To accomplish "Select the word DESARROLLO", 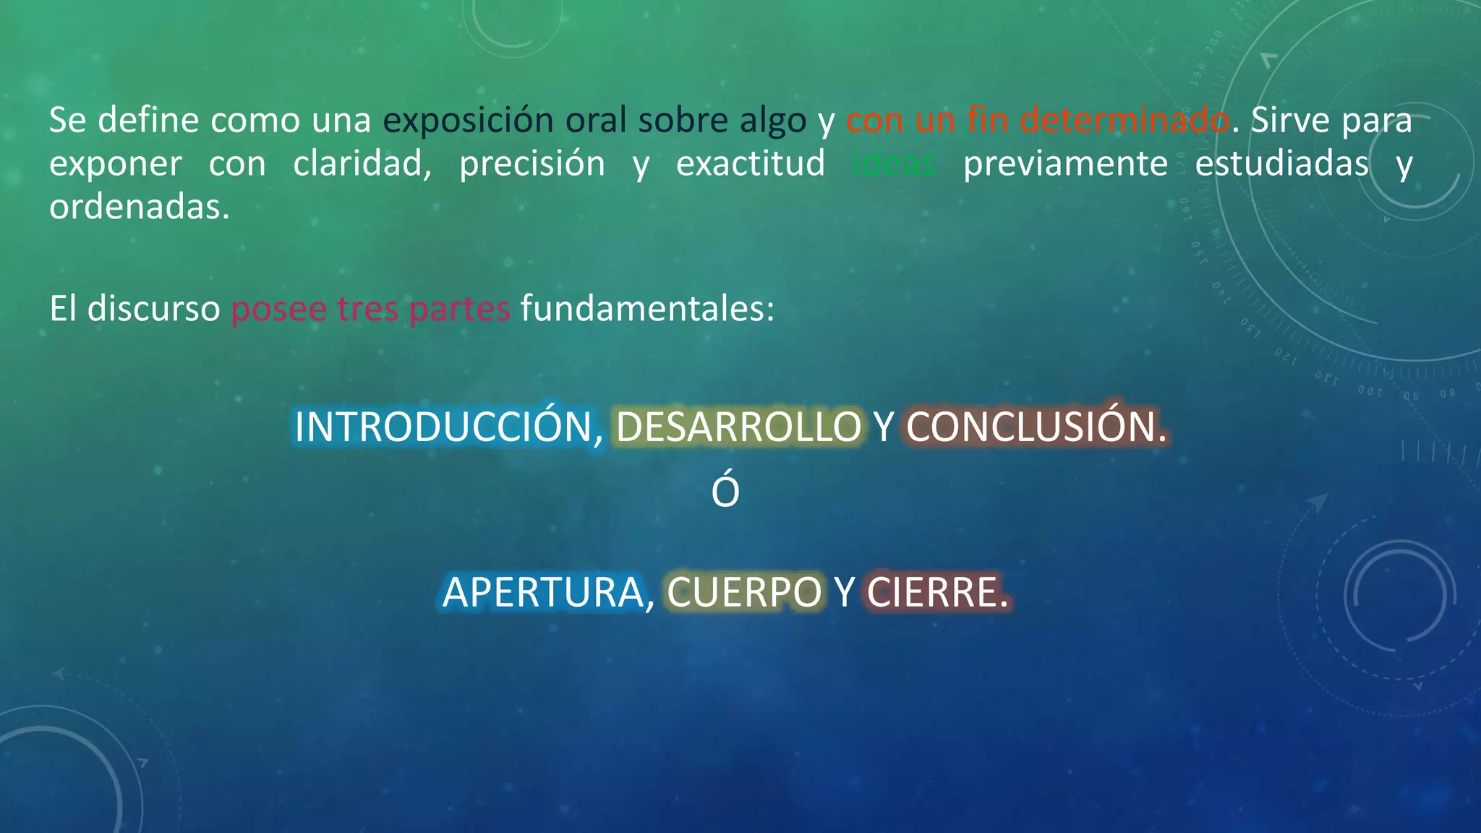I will pyautogui.click(x=738, y=427).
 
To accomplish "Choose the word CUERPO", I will pyautogui.click(x=744, y=592).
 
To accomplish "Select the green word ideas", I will pyautogui.click(x=895, y=163).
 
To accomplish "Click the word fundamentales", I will pyautogui.click(x=647, y=309).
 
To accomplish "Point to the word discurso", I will pyautogui.click(x=153, y=309).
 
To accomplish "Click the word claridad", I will pyautogui.click(x=362, y=163).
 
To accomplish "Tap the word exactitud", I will pyautogui.click(x=751, y=163).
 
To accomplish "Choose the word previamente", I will pyautogui.click(x=1065, y=163).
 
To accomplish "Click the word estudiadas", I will pyautogui.click(x=1281, y=163).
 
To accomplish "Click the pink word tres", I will pyautogui.click(x=367, y=309).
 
